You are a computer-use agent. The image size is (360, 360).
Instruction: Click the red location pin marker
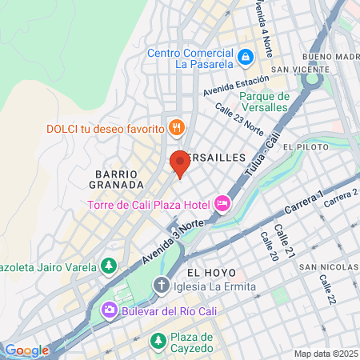[179, 163]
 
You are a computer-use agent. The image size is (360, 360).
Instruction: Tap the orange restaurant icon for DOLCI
[177, 127]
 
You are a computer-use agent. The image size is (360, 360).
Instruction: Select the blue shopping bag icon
[246, 57]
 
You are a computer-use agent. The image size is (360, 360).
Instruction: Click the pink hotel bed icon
[222, 205]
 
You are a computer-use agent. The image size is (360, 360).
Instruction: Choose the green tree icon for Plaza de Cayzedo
[158, 342]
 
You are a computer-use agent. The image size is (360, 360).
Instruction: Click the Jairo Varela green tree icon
[108, 265]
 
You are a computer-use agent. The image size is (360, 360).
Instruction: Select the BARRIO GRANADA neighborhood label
[117, 178]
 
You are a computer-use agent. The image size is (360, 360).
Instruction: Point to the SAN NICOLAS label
[328, 266]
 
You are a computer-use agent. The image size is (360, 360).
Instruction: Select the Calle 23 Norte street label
[238, 122]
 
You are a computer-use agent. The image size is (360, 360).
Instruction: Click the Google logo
[26, 350]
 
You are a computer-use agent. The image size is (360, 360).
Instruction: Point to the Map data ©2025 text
[325, 354]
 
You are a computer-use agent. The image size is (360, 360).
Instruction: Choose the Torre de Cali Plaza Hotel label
[149, 205]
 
